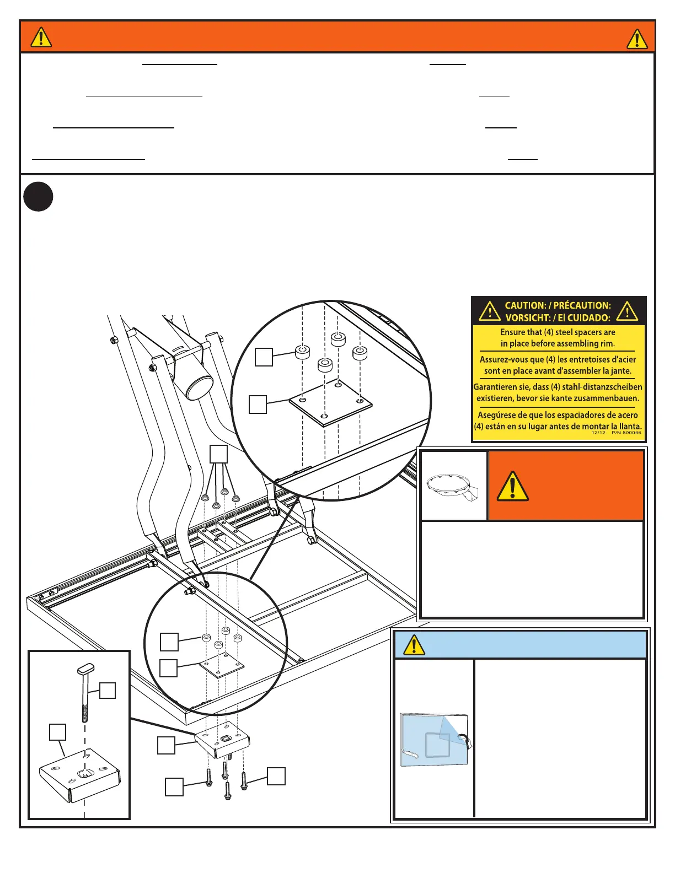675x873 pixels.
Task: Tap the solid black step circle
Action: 39,197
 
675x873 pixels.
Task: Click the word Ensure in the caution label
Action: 513,332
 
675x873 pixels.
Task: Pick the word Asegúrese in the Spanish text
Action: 499,415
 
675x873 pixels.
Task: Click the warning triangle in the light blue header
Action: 414,644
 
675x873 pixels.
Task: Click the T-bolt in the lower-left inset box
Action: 85,692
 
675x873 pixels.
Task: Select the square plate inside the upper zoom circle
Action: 330,402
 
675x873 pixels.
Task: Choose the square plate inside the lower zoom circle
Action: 222,667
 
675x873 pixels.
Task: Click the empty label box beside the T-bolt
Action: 108,691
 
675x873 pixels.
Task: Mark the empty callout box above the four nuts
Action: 219,454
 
